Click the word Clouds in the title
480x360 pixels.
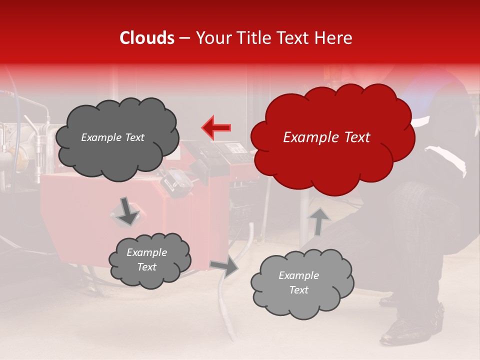147,38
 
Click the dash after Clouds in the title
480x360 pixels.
184,38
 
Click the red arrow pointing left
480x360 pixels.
216,127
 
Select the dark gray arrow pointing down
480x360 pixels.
127,211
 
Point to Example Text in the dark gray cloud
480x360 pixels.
112,137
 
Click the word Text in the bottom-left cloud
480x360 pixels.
146,267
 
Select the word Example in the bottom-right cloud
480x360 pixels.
298,275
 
